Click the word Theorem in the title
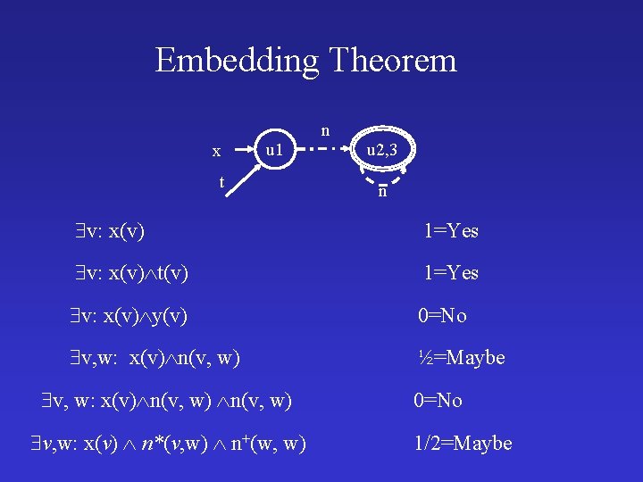pos(393,61)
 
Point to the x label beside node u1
pos(216,152)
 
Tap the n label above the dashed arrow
pos(325,130)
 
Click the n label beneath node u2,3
pos(382,191)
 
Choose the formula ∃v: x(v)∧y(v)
pos(133,315)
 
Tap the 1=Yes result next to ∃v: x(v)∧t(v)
pos(451,273)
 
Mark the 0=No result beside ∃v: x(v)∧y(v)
pos(444,315)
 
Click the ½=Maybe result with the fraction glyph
pos(463,358)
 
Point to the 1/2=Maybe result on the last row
pos(463,443)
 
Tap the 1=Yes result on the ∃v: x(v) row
pos(451,231)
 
